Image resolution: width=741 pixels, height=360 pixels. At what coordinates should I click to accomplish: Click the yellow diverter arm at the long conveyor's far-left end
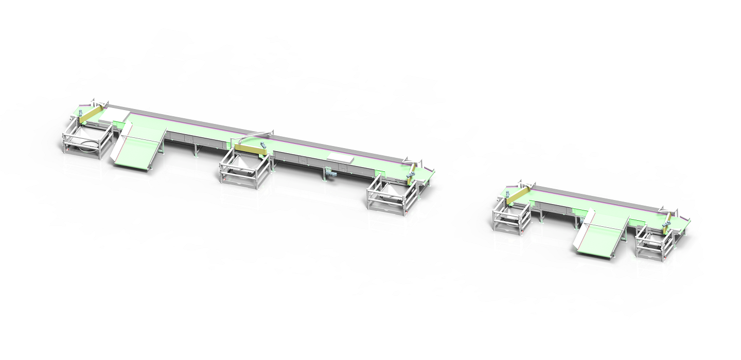pos(90,114)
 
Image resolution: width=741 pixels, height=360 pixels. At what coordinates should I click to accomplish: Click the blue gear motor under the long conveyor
pos(330,173)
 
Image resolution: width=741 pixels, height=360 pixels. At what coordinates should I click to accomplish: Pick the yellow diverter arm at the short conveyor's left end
pos(518,195)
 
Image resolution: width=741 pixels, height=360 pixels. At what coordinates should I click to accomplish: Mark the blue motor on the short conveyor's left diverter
pos(507,194)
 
